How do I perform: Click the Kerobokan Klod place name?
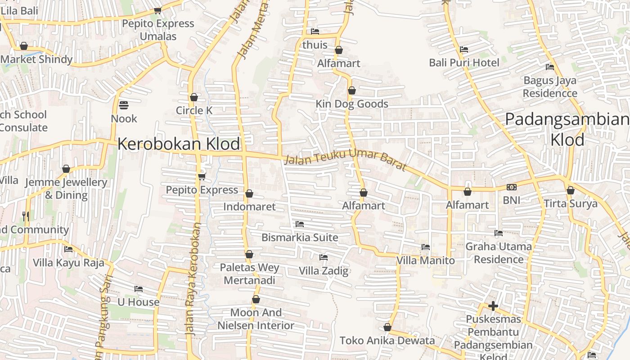pos(179,144)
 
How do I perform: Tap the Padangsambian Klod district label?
pos(567,130)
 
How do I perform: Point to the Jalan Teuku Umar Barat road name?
pos(346,161)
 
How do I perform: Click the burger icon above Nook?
pos(124,105)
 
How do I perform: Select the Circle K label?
pos(194,110)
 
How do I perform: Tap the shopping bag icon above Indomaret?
pos(249,193)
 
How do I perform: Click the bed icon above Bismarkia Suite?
pos(300,224)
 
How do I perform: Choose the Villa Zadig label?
pos(324,271)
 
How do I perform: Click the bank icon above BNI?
pos(511,187)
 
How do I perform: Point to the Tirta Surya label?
pos(571,203)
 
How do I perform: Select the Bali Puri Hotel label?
pos(464,63)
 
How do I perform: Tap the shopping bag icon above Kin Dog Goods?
pos(352,91)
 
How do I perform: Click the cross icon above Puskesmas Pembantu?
pos(493,306)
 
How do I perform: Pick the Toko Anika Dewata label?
pos(387,341)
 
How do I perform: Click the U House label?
pos(139,302)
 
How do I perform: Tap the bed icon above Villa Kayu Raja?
pos(68,249)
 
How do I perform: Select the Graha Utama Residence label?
pos(498,253)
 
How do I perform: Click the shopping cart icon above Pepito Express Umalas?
pos(157,10)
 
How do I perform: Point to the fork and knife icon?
pos(26,216)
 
